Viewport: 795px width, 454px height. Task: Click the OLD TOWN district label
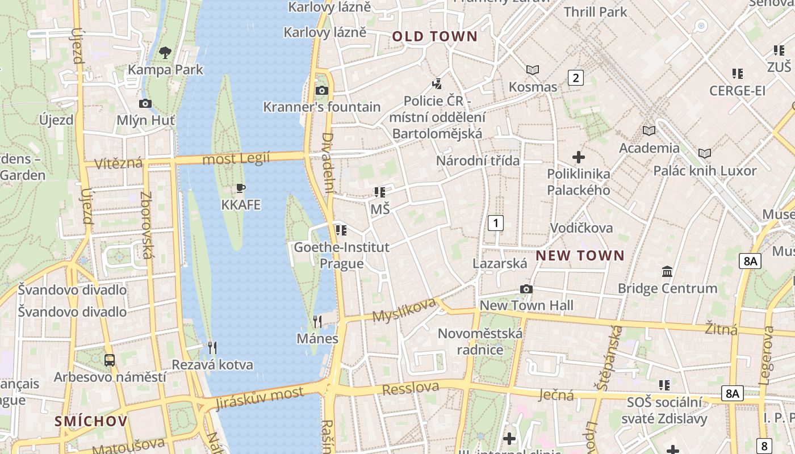pyautogui.click(x=434, y=37)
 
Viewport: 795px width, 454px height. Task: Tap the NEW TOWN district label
pyautogui.click(x=580, y=255)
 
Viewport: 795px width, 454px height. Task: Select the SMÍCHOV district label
pyautogui.click(x=91, y=421)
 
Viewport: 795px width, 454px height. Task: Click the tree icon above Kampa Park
pyautogui.click(x=165, y=53)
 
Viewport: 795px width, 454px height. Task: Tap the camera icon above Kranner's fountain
pyautogui.click(x=321, y=90)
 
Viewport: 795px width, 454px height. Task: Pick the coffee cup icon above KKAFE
pyautogui.click(x=241, y=188)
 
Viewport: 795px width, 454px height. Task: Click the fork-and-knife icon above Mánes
pyautogui.click(x=317, y=322)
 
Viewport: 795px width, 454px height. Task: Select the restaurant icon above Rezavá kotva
pyautogui.click(x=212, y=347)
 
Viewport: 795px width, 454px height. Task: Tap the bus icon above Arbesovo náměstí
pyautogui.click(x=110, y=360)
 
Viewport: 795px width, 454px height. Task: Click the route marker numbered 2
pyautogui.click(x=576, y=78)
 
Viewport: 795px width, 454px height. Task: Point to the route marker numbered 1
pyautogui.click(x=496, y=223)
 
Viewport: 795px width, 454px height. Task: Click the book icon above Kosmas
pyautogui.click(x=533, y=70)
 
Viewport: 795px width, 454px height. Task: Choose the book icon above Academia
pyautogui.click(x=648, y=131)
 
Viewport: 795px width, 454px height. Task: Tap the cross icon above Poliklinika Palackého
pyautogui.click(x=579, y=157)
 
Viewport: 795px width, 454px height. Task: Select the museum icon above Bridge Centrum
pyautogui.click(x=667, y=271)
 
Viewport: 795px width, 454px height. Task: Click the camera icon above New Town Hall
pyautogui.click(x=526, y=289)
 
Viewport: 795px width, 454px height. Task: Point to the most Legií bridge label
pyautogui.click(x=236, y=159)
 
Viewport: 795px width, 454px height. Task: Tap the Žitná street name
pyautogui.click(x=721, y=329)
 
